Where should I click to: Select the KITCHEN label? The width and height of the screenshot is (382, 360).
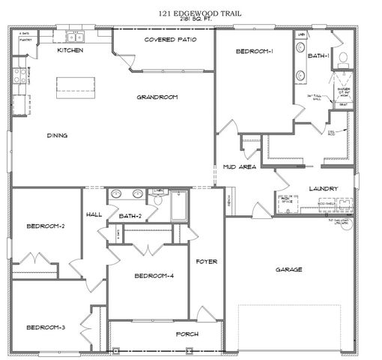click(x=70, y=50)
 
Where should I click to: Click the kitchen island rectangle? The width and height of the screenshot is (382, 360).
click(x=75, y=87)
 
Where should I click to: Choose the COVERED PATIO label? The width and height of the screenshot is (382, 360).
click(x=171, y=39)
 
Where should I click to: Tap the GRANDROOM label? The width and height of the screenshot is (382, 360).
click(x=157, y=97)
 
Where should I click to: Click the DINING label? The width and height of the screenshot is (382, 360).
click(x=57, y=136)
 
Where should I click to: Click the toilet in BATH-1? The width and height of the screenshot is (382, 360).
click(x=344, y=56)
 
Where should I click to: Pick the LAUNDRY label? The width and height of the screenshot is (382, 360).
click(x=323, y=188)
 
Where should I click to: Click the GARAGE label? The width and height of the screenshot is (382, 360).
click(x=288, y=269)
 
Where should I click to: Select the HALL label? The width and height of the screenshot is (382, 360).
click(x=94, y=214)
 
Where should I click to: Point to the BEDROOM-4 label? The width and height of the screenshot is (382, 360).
click(x=154, y=276)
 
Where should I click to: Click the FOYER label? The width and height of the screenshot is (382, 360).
click(x=206, y=262)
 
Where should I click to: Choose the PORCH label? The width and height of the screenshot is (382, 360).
click(x=187, y=333)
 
